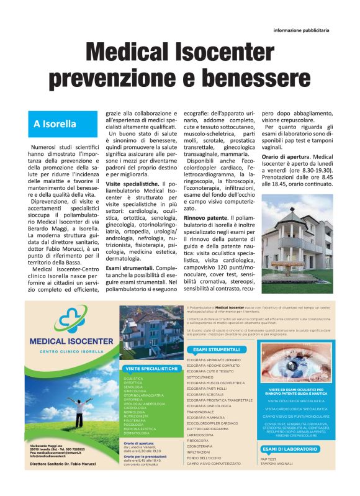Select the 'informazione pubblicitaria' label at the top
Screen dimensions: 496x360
pos(301,29)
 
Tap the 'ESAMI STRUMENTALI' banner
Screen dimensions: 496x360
pos(213,349)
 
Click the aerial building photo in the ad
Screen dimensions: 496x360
pos(151,330)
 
